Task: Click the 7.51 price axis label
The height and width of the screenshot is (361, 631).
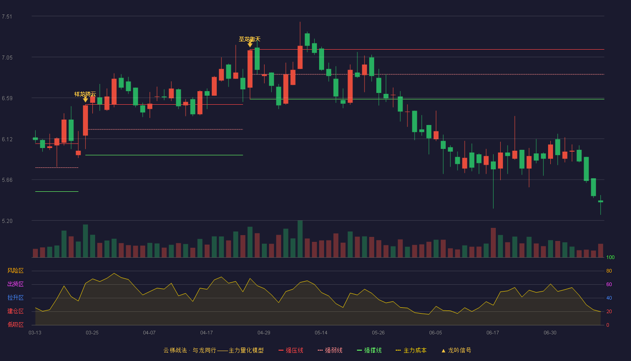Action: coord(7,17)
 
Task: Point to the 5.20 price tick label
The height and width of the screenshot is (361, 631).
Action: coord(7,221)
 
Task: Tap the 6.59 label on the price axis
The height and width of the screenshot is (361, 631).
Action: coord(7,98)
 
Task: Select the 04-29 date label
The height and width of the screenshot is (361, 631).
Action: coord(264,333)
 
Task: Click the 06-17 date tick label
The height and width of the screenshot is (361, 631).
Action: coord(493,333)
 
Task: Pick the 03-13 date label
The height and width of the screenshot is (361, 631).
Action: coord(35,333)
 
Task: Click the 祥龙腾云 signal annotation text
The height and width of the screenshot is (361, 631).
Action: coord(85,94)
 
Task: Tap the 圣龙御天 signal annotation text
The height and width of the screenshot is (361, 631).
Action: coord(250,39)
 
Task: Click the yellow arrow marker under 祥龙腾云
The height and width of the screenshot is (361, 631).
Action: coord(85,100)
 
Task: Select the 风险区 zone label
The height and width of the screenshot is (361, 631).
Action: coord(15,270)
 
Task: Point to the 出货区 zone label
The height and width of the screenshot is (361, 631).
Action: coord(15,284)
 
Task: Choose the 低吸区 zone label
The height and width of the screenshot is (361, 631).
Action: coord(15,324)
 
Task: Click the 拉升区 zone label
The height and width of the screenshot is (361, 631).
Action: coord(15,297)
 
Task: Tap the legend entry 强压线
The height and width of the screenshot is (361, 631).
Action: coord(291,350)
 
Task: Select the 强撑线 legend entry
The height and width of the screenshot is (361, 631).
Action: coord(369,350)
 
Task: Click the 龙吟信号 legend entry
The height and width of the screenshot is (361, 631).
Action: coord(456,350)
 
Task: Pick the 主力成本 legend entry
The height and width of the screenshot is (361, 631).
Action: coord(411,350)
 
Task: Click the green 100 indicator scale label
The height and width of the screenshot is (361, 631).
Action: coord(610,257)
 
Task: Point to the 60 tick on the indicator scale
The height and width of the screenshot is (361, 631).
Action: coord(609,284)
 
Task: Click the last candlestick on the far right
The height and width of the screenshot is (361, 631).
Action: coord(600,201)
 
